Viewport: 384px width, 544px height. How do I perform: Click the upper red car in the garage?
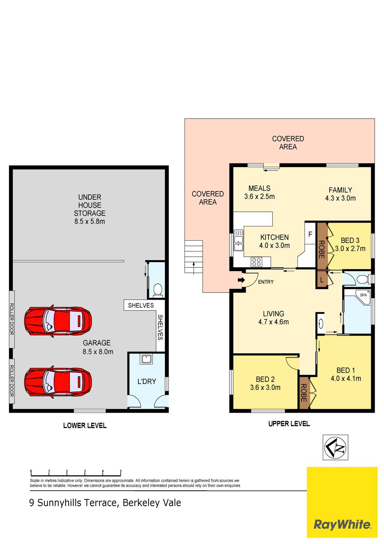tap(58, 321)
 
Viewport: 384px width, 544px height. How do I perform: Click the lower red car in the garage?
tap(58, 382)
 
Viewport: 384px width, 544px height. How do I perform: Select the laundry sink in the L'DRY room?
tap(146, 359)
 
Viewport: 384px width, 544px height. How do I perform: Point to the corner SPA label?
tap(363, 295)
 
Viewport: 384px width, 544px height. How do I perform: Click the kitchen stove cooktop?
tap(256, 262)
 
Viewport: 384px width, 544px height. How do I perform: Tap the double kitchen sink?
tap(238, 240)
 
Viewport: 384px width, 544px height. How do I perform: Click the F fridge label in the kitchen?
tap(310, 234)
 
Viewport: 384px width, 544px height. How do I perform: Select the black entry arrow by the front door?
tap(241, 280)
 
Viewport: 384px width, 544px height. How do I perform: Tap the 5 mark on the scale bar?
tap(120, 472)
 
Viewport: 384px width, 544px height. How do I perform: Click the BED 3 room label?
tap(350, 240)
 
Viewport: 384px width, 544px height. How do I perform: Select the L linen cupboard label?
tap(321, 280)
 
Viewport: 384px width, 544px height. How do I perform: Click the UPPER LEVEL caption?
tap(289, 424)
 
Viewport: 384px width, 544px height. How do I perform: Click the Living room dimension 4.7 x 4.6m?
tap(273, 322)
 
